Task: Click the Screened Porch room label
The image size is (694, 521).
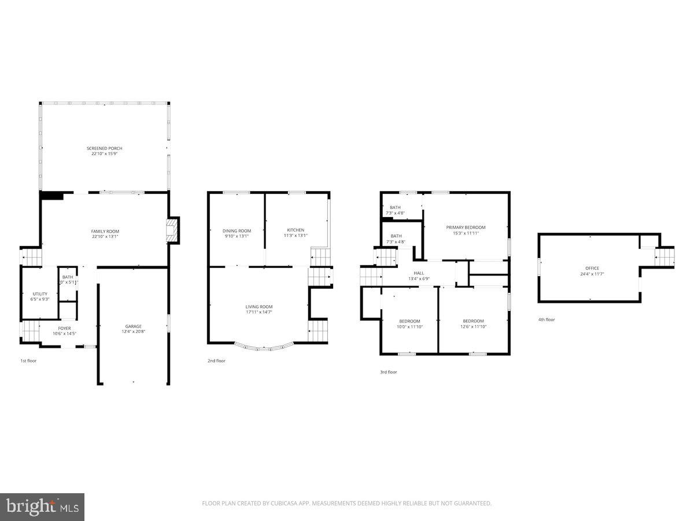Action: tap(105, 148)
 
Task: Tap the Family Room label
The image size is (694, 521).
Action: tap(105, 231)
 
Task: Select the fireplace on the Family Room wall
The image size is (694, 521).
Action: tap(173, 231)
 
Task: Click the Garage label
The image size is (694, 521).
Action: tap(134, 326)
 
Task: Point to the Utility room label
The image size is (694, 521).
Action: tap(40, 294)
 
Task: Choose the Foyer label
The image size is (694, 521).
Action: tap(64, 328)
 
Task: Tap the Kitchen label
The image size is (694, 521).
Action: tap(296, 230)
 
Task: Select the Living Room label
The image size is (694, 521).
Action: tap(259, 307)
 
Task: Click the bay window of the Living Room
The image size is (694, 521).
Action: tap(264, 347)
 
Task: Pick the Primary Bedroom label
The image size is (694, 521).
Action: tap(466, 228)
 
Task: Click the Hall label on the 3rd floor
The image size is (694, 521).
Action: tap(419, 273)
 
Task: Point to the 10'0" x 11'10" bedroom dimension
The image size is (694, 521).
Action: tap(409, 326)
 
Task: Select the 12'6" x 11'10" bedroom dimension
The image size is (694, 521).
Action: tap(473, 326)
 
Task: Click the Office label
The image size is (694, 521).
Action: tap(592, 268)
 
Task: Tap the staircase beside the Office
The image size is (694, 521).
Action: tap(665, 256)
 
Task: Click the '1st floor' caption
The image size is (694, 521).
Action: tap(28, 361)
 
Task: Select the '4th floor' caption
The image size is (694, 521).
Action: tap(546, 320)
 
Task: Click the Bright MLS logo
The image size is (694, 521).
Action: tap(42, 507)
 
